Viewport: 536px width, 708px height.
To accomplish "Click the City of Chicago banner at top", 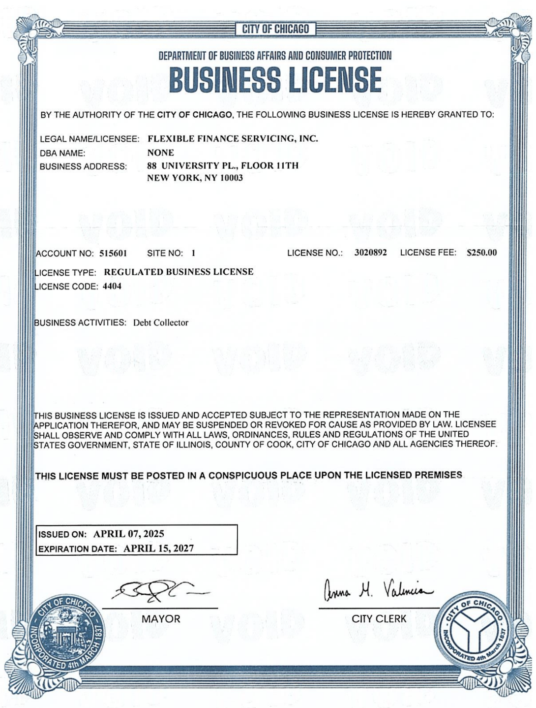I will [x=275, y=29].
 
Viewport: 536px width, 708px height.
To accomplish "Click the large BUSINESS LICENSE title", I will [x=275, y=80].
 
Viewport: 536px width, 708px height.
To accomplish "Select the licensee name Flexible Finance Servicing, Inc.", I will [x=233, y=139].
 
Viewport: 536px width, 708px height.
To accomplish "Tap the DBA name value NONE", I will [x=161, y=153].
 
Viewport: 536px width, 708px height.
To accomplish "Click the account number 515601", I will [x=113, y=254].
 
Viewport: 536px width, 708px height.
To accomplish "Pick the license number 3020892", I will [x=370, y=253].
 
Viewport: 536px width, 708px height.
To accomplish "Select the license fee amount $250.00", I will [x=481, y=253].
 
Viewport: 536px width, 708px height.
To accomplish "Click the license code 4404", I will [x=112, y=286].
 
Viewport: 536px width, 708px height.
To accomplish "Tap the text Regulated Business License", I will [x=179, y=272].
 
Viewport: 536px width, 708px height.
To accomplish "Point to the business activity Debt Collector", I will [x=161, y=323].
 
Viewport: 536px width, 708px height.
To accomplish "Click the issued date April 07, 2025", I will [x=129, y=534].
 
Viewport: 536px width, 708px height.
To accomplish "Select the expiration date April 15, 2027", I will [x=158, y=548].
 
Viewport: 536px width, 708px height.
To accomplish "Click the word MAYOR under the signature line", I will [x=161, y=619].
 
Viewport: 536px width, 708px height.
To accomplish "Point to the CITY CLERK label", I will [x=379, y=619].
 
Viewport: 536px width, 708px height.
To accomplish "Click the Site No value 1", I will [x=194, y=254].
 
